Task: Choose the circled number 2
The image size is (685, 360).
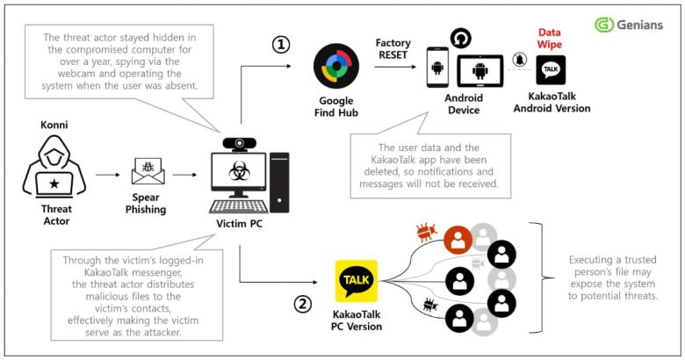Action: [x=301, y=305]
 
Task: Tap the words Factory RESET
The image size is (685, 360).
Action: [x=392, y=49]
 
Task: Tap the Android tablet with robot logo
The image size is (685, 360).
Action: [x=479, y=72]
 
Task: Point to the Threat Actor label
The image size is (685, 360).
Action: [x=56, y=217]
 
